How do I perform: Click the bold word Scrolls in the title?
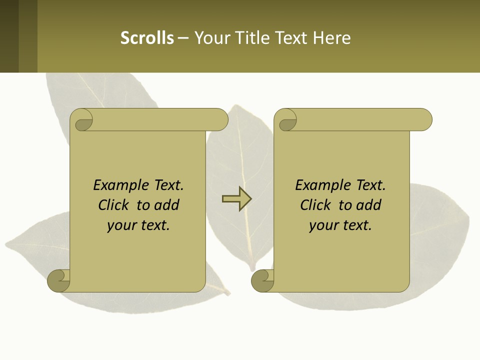(147, 38)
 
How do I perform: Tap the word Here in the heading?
(332, 38)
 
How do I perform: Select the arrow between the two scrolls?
(236, 199)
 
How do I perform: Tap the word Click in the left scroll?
(115, 205)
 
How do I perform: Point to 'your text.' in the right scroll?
(340, 225)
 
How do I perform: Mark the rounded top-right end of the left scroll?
(220, 119)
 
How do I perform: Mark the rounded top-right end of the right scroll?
(424, 119)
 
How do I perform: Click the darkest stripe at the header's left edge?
(9, 36)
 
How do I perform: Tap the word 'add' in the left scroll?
(166, 205)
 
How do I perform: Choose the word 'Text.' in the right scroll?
(370, 185)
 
